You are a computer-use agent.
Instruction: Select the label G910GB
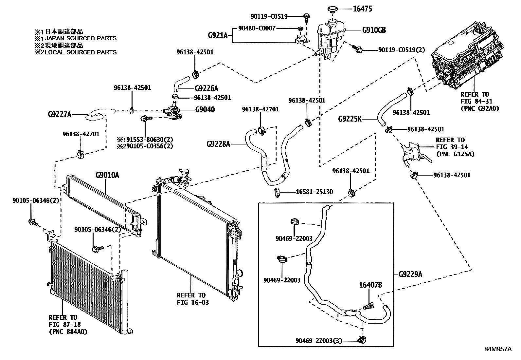[374, 30]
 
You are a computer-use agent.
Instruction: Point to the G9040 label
[205, 109]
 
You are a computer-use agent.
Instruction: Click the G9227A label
[60, 115]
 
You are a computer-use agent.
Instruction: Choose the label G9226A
[206, 88]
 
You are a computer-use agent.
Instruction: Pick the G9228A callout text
[218, 143]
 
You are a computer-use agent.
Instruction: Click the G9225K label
[350, 119]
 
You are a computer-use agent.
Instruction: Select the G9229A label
[410, 274]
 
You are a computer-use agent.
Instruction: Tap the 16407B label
[371, 285]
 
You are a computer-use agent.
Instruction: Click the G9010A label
[107, 175]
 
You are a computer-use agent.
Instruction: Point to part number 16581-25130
[314, 192]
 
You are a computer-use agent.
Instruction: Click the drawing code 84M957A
[498, 349]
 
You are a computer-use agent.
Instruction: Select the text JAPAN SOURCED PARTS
[79, 38]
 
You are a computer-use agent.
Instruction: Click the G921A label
[218, 35]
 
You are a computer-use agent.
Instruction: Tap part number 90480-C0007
[257, 28]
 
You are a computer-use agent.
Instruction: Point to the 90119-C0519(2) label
[402, 50]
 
